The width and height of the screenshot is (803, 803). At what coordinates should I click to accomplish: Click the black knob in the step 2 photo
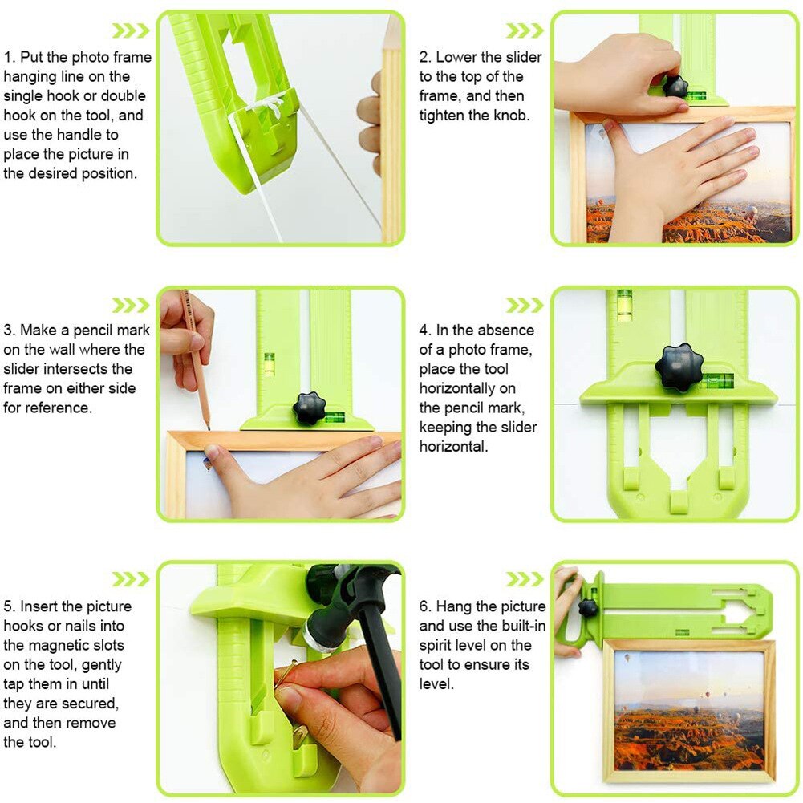(676, 87)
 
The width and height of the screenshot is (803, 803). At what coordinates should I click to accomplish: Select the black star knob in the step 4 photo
(679, 367)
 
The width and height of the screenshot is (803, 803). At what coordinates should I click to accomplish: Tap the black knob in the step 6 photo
(588, 607)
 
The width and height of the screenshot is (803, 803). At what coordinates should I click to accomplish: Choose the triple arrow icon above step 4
(525, 305)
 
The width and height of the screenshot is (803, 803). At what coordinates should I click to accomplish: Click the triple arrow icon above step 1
(130, 30)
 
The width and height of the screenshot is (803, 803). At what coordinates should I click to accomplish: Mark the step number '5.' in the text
(10, 606)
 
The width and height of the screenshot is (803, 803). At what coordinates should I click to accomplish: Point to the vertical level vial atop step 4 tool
(624, 305)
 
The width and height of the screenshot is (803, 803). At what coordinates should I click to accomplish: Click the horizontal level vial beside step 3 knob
(334, 416)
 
